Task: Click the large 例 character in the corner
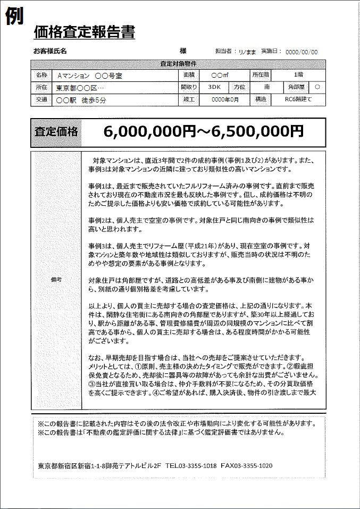[x=14, y=16]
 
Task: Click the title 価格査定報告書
[x=84, y=32]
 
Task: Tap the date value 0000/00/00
[x=302, y=52]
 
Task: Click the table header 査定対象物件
[x=178, y=64]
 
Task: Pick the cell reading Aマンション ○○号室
[x=89, y=76]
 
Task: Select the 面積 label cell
[x=189, y=76]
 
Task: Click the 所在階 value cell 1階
[x=299, y=75]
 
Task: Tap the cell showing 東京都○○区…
[x=80, y=87]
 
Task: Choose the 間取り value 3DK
[x=214, y=87]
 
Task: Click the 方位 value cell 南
[x=267, y=87]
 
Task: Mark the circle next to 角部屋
[x=317, y=87]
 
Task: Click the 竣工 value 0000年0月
[x=225, y=99]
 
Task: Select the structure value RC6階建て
[x=298, y=99]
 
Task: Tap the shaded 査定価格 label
[x=56, y=132]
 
